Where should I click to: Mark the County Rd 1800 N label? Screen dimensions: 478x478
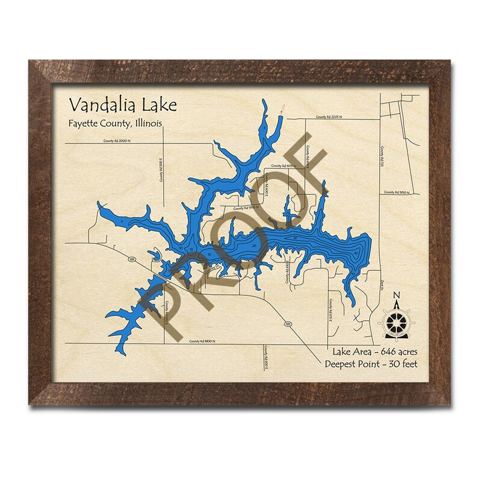coord(202,341)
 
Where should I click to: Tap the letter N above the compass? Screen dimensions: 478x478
coord(396,295)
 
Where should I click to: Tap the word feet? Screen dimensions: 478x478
coord(409,364)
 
